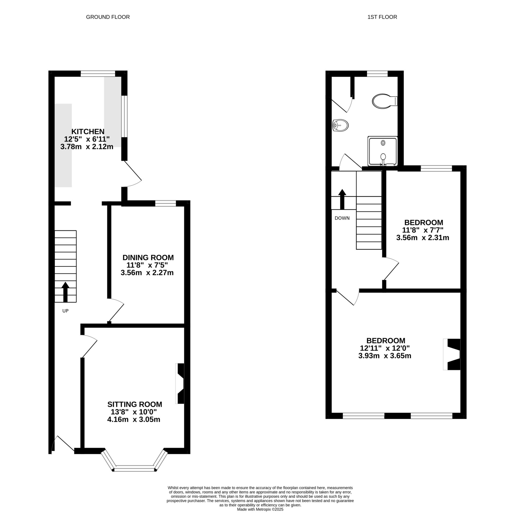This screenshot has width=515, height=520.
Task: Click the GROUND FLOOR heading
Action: pyautogui.click(x=108, y=17)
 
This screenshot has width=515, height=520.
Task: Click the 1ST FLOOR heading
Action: pyautogui.click(x=382, y=17)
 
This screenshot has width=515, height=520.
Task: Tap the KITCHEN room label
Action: pyautogui.click(x=88, y=132)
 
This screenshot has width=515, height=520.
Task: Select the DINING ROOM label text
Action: pyautogui.click(x=148, y=257)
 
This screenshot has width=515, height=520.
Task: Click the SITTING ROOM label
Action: pyautogui.click(x=135, y=404)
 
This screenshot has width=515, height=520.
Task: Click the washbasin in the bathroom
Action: pyautogui.click(x=341, y=125)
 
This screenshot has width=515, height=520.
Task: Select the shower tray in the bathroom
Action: pyautogui.click(x=382, y=151)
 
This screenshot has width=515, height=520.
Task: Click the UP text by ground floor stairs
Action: pyautogui.click(x=65, y=311)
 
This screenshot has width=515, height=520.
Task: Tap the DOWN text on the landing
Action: pyautogui.click(x=342, y=218)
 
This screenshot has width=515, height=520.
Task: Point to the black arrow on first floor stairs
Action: pyautogui.click(x=342, y=199)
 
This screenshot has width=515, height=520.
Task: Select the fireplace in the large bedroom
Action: pyautogui.click(x=452, y=354)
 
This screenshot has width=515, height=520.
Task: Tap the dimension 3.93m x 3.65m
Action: pyautogui.click(x=384, y=356)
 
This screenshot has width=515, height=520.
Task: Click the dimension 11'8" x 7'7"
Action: pyautogui.click(x=422, y=230)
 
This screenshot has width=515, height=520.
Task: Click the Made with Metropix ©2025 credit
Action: pyautogui.click(x=260, y=510)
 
